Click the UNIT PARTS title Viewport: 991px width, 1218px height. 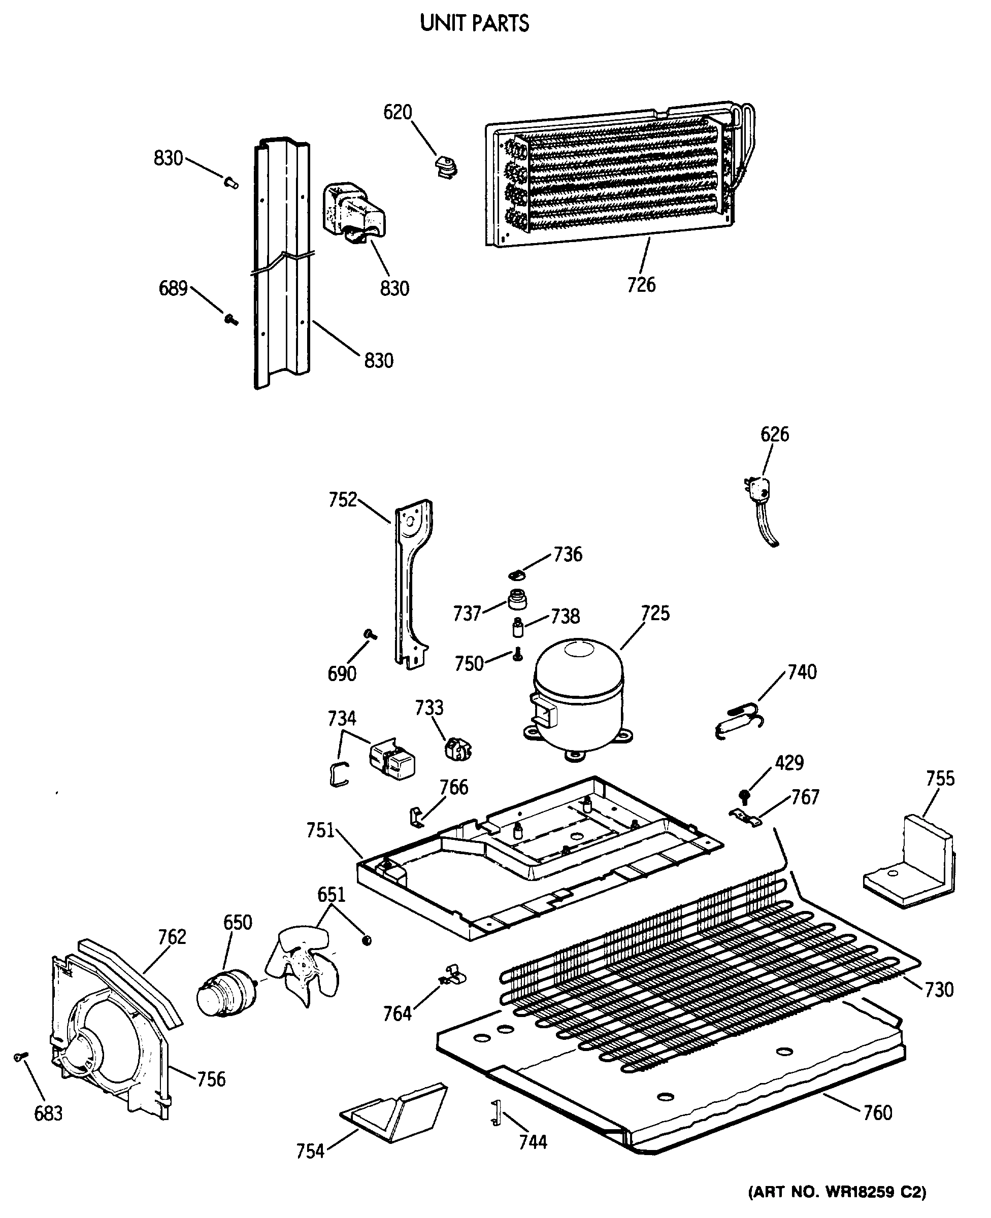pos(474,23)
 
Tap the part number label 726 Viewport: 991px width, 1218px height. pos(641,285)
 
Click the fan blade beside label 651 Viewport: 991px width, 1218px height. pos(302,966)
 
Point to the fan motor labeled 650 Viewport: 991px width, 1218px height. pos(226,993)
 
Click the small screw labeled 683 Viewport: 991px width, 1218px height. pos(20,1057)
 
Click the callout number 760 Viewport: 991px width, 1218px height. pos(878,1112)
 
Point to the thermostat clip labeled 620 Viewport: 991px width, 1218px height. pos(446,167)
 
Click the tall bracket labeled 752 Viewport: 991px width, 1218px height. pos(412,582)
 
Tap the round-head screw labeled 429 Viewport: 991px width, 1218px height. pos(744,795)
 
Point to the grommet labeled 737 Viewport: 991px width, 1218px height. pos(517,599)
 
